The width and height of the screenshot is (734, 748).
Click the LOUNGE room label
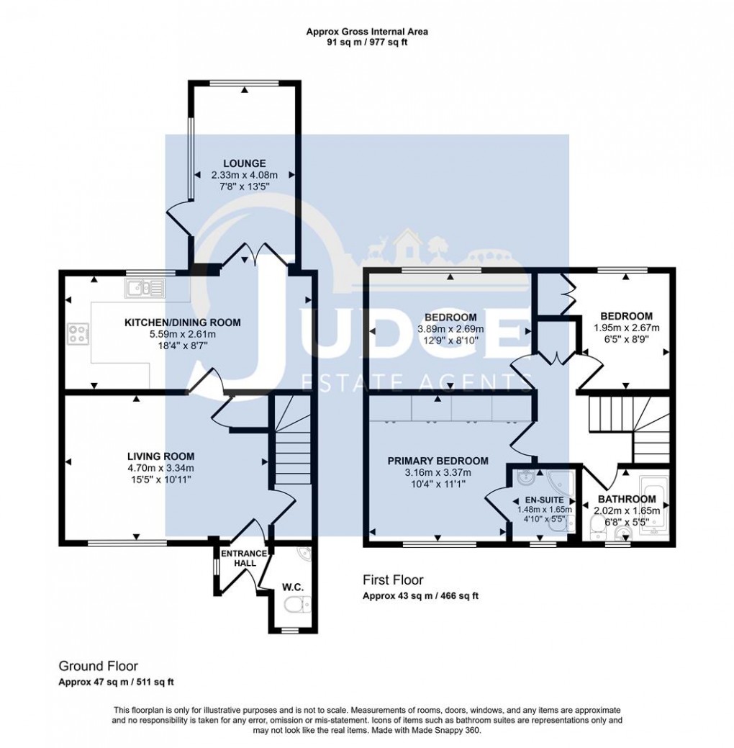click(243, 163)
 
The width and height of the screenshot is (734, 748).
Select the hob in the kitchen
click(76, 333)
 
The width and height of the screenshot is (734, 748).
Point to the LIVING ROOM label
click(160, 456)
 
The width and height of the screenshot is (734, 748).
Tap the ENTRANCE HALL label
click(243, 558)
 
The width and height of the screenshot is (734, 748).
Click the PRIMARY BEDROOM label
click(438, 461)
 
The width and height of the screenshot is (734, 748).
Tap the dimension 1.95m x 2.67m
click(627, 328)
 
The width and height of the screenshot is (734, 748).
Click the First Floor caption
click(393, 580)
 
